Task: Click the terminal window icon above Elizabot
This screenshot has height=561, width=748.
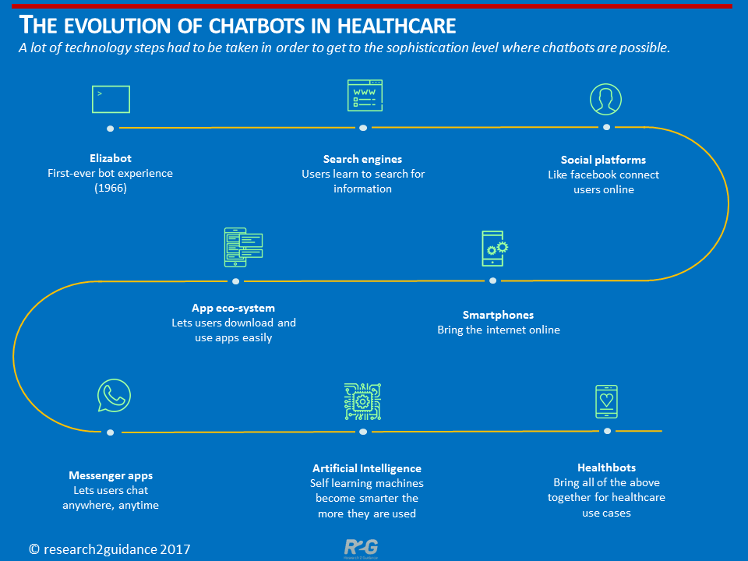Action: [x=111, y=99]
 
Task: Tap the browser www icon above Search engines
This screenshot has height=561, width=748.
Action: [x=364, y=96]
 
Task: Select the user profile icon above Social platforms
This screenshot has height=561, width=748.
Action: [x=605, y=99]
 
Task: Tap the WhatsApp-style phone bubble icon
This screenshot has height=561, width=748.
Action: [x=115, y=396]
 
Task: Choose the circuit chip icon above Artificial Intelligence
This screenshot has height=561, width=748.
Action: [x=362, y=401]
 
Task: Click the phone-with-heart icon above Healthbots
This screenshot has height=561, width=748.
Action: [x=606, y=401]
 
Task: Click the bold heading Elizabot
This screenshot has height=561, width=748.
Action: [x=110, y=158]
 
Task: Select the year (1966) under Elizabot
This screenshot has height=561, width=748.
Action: [x=110, y=188]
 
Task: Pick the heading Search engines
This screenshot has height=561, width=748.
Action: [x=362, y=159]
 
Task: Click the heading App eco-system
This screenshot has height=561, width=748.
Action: [x=233, y=308]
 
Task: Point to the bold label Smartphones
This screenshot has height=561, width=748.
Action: [x=498, y=315]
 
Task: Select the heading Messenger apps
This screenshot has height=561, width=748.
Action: [x=110, y=475]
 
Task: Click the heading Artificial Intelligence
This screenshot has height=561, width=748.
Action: [x=366, y=468]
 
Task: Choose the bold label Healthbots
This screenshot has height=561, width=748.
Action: [x=606, y=467]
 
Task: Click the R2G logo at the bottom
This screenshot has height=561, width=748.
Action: [x=361, y=548]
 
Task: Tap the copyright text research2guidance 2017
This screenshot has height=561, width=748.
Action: [x=109, y=549]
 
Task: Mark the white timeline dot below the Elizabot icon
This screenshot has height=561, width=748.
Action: [x=111, y=128]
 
